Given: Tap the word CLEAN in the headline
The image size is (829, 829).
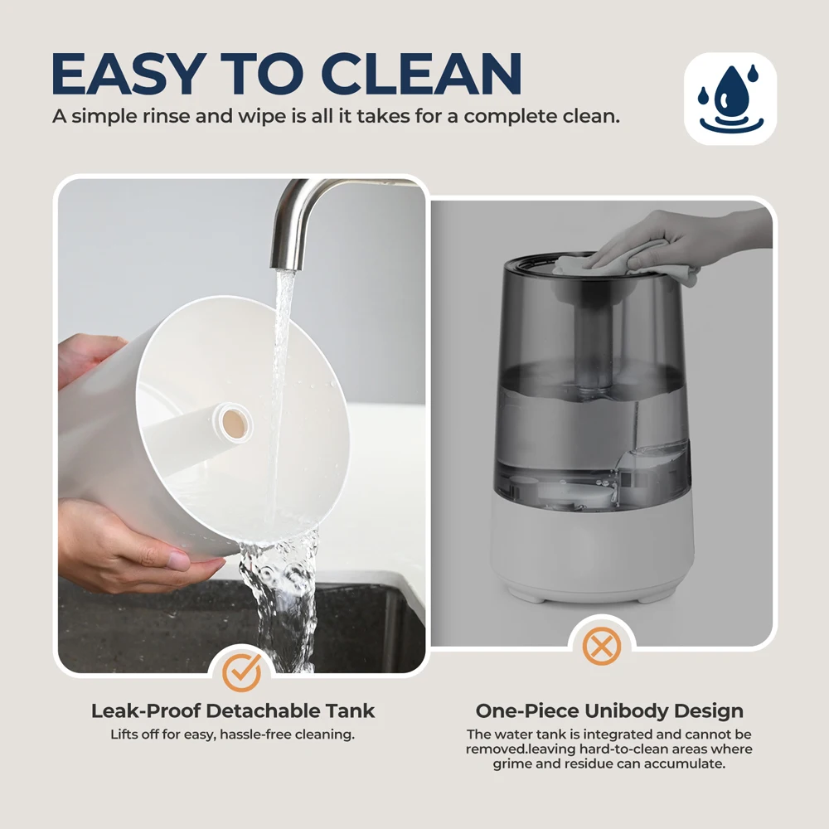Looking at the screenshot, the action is (421, 74).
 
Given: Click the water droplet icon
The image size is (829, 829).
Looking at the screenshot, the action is (730, 99).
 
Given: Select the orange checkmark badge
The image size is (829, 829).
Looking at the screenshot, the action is (241, 672).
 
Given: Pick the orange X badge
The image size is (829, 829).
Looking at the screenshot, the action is (601, 646).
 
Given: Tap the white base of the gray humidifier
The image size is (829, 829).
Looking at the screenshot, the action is (592, 550).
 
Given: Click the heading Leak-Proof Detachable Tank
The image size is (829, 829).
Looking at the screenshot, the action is (233, 711).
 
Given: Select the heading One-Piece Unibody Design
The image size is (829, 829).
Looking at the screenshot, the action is (609, 711).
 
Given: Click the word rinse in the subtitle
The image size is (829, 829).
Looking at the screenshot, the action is (166, 116).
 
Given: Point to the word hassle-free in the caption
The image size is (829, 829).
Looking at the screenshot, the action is (255, 734).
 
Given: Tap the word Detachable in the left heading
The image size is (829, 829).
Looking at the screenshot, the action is (264, 711).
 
